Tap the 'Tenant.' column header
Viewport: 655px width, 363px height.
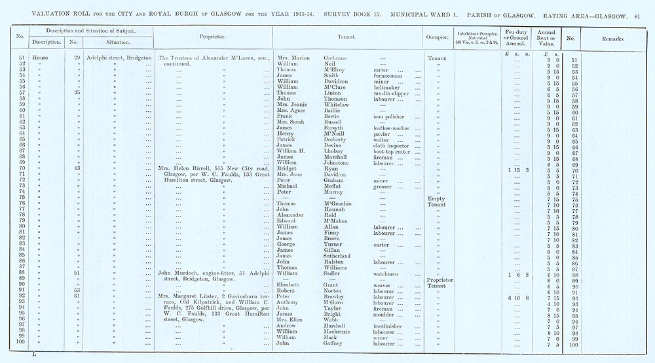346,37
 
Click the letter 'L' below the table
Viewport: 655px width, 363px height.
33,354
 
